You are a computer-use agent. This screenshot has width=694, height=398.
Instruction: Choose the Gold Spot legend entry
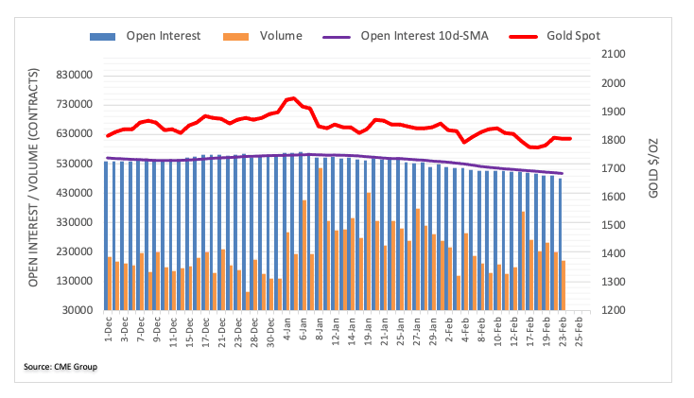[573, 36]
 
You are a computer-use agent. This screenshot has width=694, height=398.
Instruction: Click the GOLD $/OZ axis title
[654, 182]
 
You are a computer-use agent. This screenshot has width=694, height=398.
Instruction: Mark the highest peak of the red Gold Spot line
[292, 98]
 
